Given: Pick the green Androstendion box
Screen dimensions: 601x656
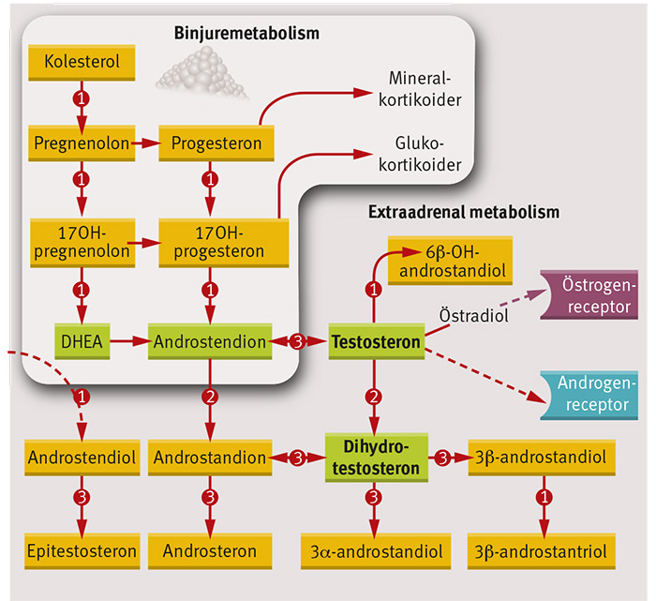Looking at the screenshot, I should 210,343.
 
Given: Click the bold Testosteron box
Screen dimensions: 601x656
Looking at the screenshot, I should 376,343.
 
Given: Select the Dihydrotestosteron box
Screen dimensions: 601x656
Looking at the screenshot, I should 376,457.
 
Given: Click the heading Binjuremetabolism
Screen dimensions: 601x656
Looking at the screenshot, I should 246,34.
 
